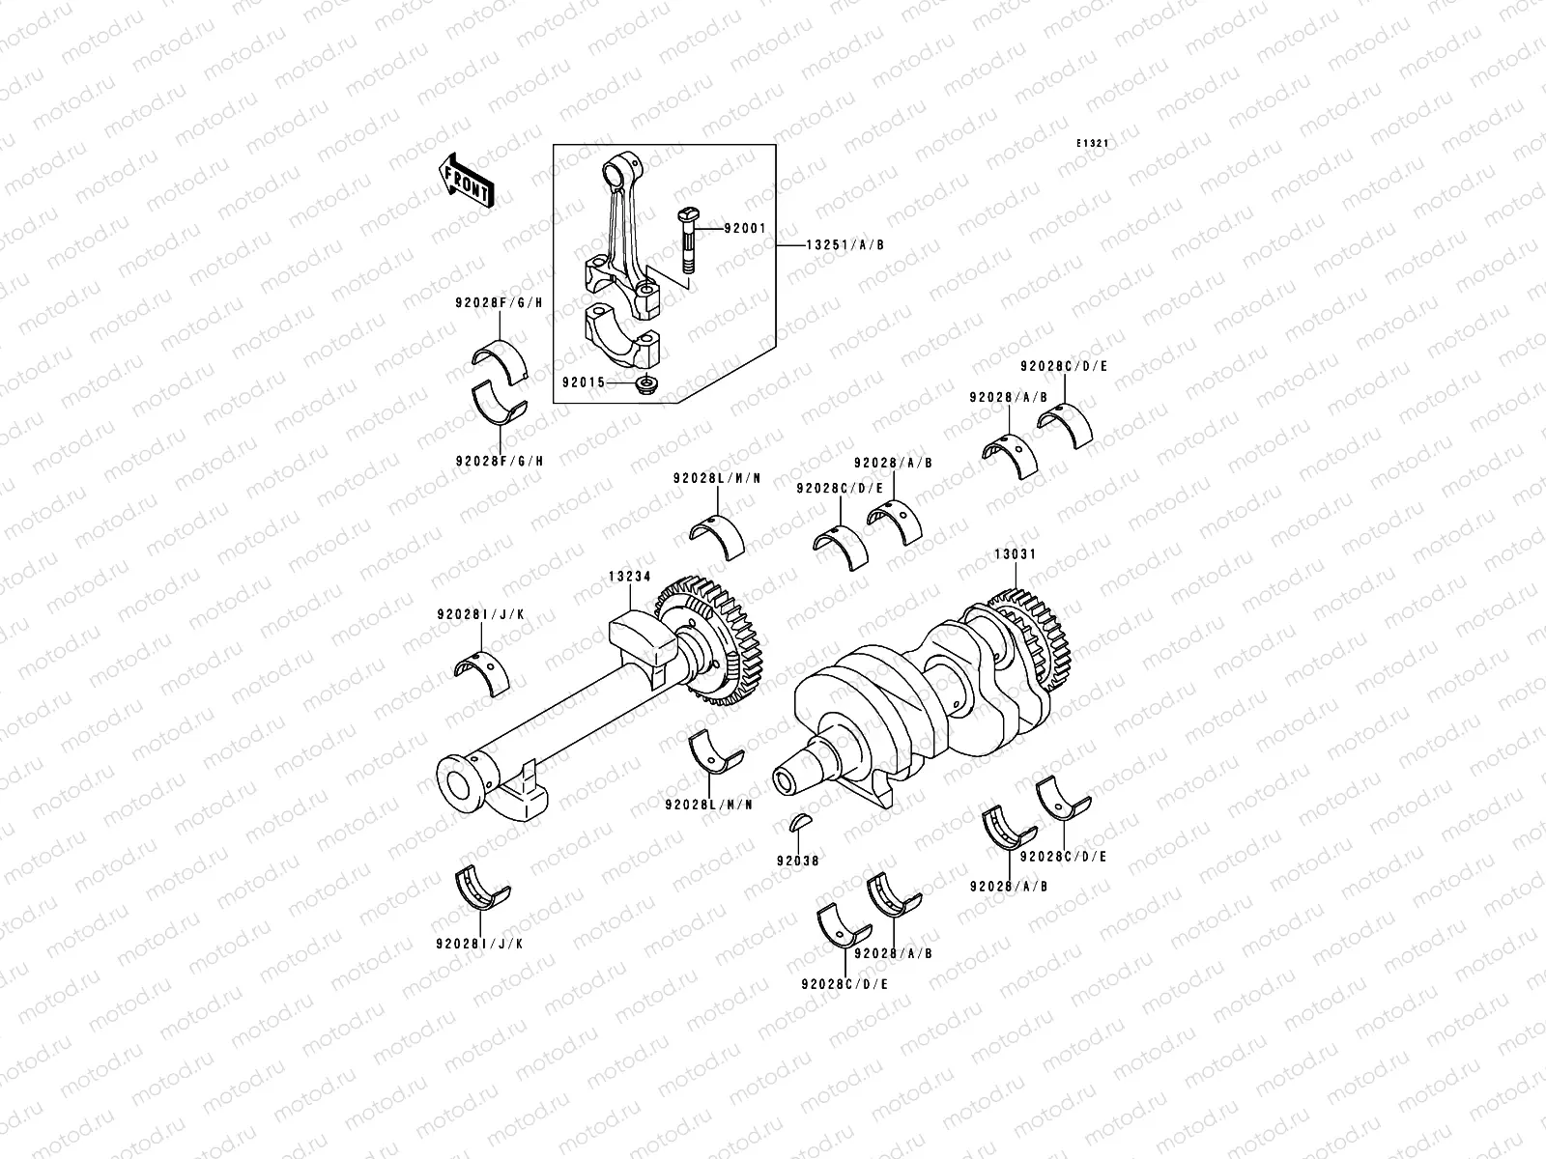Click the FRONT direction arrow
point(467,181)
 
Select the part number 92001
point(745,230)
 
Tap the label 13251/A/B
point(845,245)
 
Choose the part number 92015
point(584,382)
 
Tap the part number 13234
point(629,577)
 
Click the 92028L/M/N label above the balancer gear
point(717,478)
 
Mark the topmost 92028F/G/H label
point(499,302)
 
